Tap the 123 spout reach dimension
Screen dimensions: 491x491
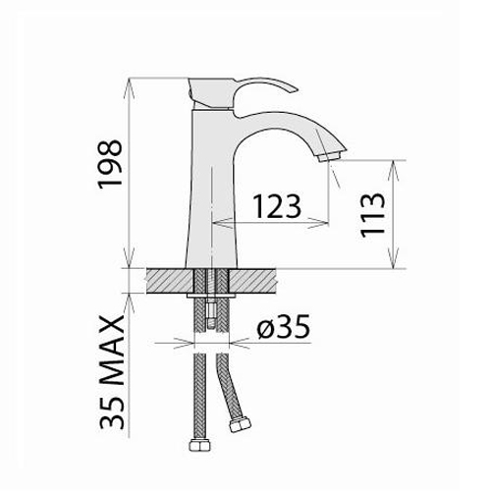(x=277, y=206)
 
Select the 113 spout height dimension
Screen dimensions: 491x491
(x=372, y=214)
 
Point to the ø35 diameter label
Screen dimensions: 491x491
(x=283, y=327)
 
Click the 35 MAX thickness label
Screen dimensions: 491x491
(x=112, y=372)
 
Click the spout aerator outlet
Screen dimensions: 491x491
(x=330, y=156)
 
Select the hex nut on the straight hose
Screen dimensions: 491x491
(x=200, y=445)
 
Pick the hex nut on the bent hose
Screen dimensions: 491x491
(x=240, y=425)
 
